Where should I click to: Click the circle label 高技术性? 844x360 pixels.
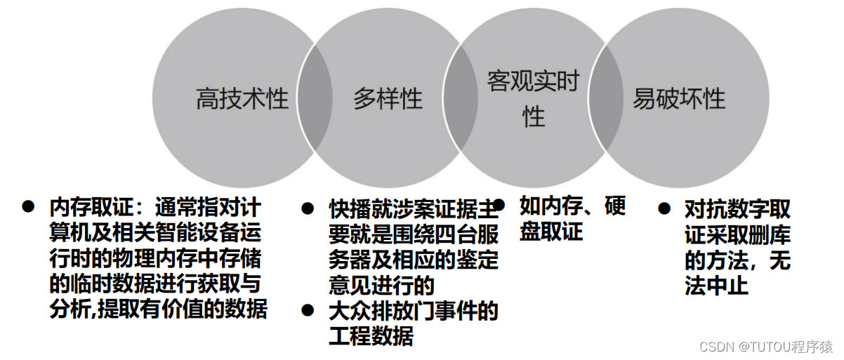coord(242,99)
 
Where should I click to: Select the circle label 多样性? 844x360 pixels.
coord(388,99)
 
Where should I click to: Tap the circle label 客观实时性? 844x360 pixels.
coord(534,99)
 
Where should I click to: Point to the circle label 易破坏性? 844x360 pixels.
coord(678,99)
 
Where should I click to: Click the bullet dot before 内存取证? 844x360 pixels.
coord(28,206)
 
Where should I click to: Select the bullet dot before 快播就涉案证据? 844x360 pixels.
coord(308,208)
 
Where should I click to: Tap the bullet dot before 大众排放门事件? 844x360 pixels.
coord(308,309)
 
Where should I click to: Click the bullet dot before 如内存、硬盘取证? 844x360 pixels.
coord(499,204)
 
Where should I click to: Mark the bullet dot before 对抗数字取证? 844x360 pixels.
coord(664,208)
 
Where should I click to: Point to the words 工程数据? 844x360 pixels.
coord(371,336)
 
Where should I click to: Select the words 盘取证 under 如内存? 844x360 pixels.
coord(551,232)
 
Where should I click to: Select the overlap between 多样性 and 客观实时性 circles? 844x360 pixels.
coord(460,99)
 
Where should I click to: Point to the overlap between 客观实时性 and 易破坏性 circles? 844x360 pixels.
coord(605,99)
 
